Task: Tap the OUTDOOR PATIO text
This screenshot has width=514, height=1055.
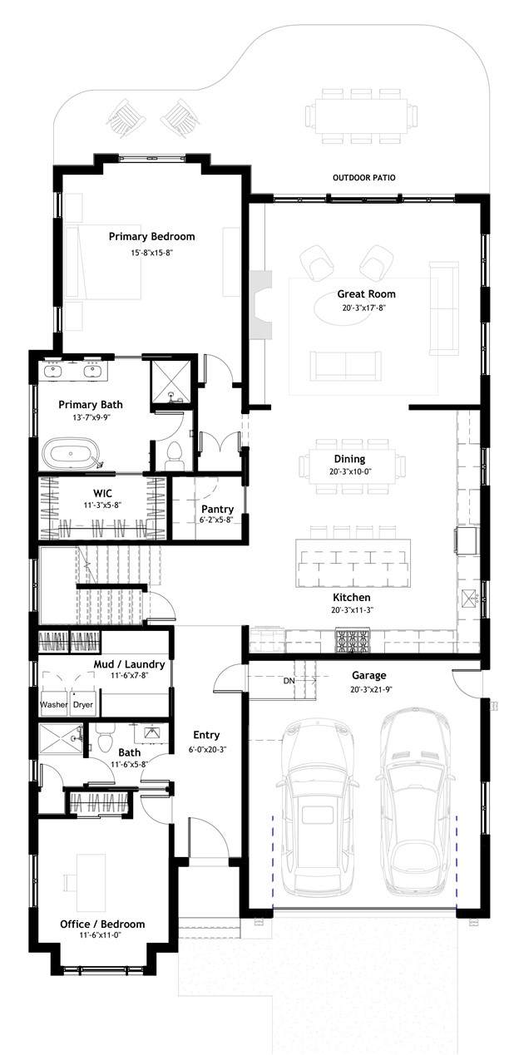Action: [x=363, y=178]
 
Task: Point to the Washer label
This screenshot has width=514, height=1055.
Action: [x=54, y=704]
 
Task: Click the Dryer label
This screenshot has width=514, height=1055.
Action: [x=82, y=704]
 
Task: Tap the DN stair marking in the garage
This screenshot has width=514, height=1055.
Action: [x=289, y=681]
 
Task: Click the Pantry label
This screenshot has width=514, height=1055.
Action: [x=217, y=509]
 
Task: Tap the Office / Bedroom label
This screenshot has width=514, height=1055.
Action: [x=102, y=924]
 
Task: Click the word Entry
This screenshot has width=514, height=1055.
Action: [x=206, y=735]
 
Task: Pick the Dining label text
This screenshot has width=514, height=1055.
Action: [x=349, y=458]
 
